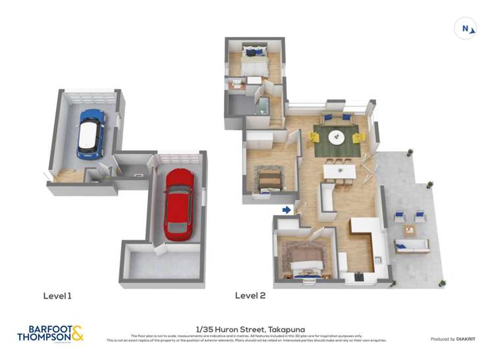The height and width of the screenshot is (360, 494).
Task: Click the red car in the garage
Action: [178, 204]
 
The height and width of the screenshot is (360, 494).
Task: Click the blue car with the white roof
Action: [91, 133]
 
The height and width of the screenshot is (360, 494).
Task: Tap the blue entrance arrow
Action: [287, 210]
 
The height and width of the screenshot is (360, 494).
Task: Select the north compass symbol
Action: [465, 28]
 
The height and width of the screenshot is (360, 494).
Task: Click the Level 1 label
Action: [57, 296]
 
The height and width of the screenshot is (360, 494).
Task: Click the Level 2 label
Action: [250, 296]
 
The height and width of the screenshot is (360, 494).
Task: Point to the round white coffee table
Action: [337, 138]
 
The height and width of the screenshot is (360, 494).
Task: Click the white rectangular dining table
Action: [339, 171]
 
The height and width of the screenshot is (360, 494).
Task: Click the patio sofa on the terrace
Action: [412, 246]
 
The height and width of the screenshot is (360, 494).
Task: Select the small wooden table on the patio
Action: [410, 230]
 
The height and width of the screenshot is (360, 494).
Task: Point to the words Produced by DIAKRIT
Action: [453, 339]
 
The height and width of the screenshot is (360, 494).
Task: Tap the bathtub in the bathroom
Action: [263, 107]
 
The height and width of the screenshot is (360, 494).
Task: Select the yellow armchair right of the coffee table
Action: [359, 138]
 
